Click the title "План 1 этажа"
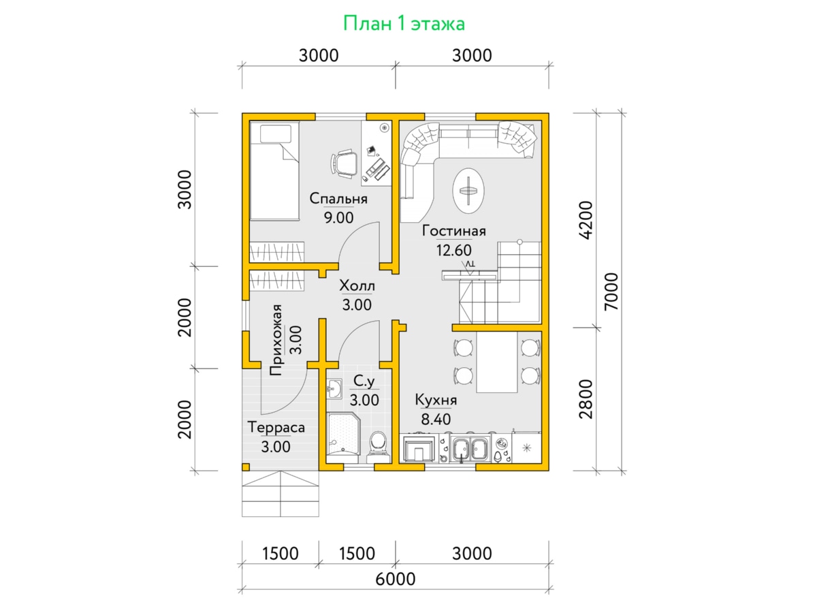coord(404,23)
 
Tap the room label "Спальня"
coord(338,199)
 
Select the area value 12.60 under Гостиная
coord(453,250)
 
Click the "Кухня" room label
coord(436,400)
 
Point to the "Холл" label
coord(357,286)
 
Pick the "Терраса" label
coord(276,427)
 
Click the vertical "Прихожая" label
coord(276,340)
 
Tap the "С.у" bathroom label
coord(364,381)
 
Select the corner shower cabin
coord(344,433)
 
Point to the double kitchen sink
coord(470,447)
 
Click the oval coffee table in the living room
coord(468,191)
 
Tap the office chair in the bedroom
coord(344,163)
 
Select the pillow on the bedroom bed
coord(276,133)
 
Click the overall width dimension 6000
coord(395,579)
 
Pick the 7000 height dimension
coord(611,292)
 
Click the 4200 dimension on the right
coord(586,220)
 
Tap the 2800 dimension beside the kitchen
coord(586,399)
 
